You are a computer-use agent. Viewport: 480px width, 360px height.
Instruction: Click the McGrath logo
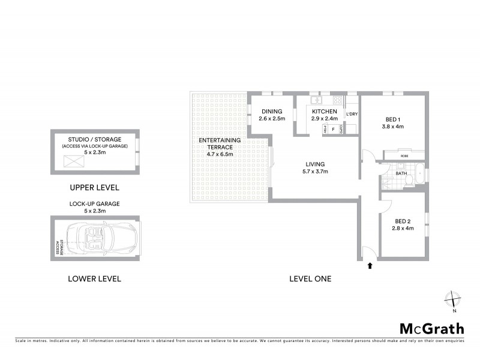click(x=432, y=328)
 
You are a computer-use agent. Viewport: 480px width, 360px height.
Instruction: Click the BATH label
click(x=401, y=174)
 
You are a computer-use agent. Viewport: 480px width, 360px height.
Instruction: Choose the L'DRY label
click(x=352, y=114)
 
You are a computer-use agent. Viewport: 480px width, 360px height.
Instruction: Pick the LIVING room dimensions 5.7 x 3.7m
click(x=314, y=172)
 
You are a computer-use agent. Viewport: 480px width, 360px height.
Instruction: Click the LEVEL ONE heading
click(x=310, y=278)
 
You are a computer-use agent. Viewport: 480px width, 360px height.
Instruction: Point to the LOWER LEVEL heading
click(x=94, y=278)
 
